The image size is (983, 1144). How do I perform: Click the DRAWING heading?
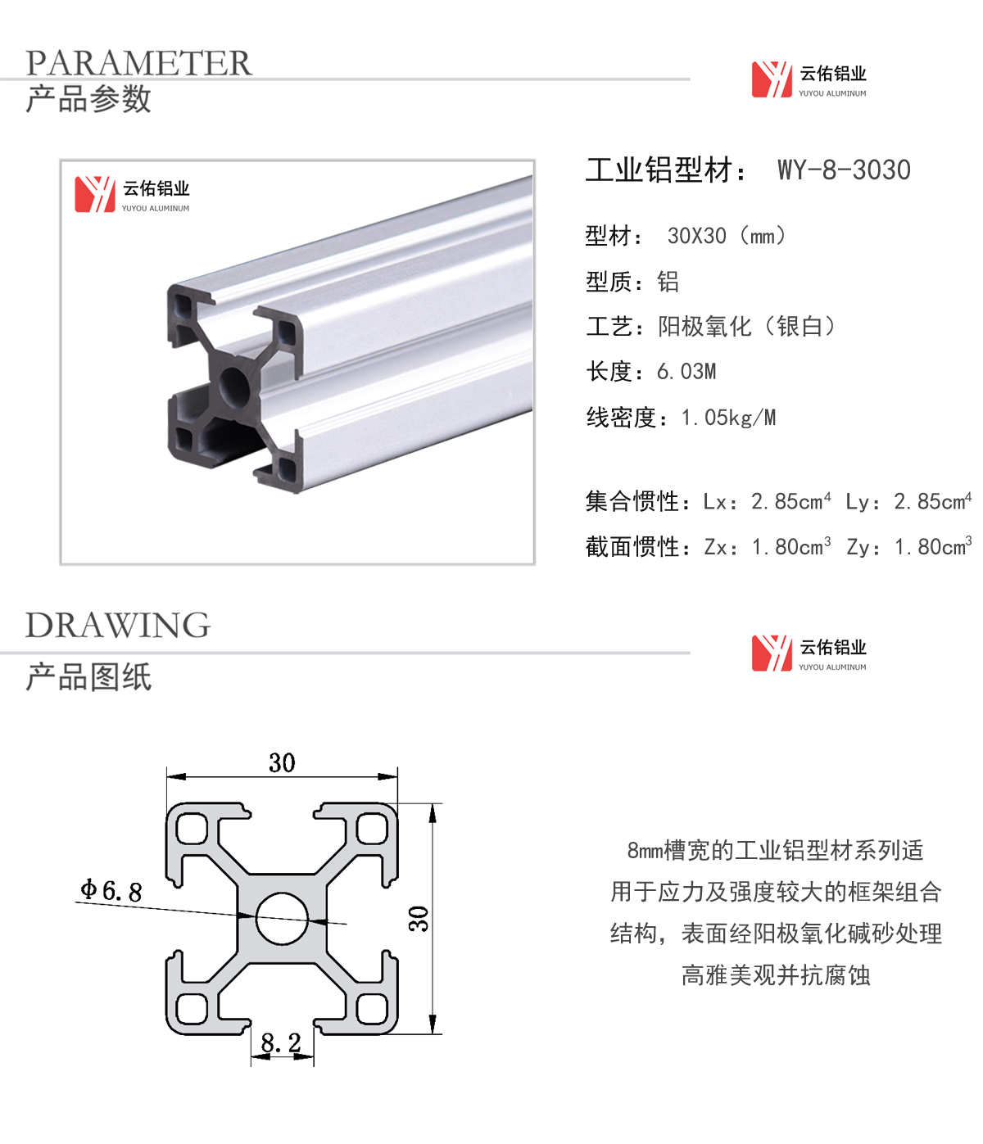[117, 625]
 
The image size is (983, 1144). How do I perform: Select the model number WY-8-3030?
[844, 170]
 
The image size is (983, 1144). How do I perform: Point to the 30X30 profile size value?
[696, 237]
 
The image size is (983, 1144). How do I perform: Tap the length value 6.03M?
[686, 372]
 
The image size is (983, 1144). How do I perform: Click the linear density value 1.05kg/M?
[728, 418]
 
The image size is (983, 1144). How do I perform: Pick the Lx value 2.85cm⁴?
[790, 501]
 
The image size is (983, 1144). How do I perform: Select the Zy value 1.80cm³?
[933, 546]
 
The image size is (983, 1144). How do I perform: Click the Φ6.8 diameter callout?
[111, 890]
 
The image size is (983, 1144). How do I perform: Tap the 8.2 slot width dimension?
[281, 1042]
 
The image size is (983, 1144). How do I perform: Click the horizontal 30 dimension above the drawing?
[282, 762]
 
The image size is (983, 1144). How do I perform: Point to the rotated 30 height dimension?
[419, 919]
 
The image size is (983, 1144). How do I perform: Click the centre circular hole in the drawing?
[282, 918]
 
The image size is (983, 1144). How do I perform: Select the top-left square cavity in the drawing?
[192, 829]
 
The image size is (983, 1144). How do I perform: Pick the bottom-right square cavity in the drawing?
[372, 1008]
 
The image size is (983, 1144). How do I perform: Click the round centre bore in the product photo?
[234, 385]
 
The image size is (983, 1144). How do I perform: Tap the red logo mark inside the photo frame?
[95, 194]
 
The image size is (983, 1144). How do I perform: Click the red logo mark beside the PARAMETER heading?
[772, 79]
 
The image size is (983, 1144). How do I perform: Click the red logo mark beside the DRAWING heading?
[772, 653]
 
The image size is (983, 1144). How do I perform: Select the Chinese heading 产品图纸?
[88, 677]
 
